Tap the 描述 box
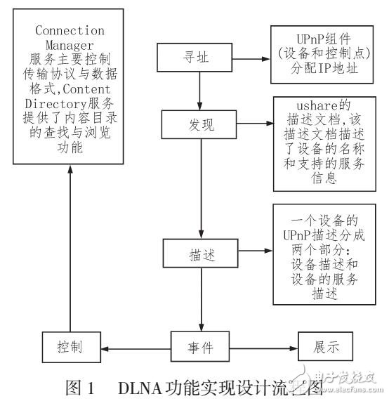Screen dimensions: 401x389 (201, 251)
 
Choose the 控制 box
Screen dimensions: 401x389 (72, 346)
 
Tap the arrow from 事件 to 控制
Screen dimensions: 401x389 (137, 346)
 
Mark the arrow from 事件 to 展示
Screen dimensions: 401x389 (263, 346)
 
